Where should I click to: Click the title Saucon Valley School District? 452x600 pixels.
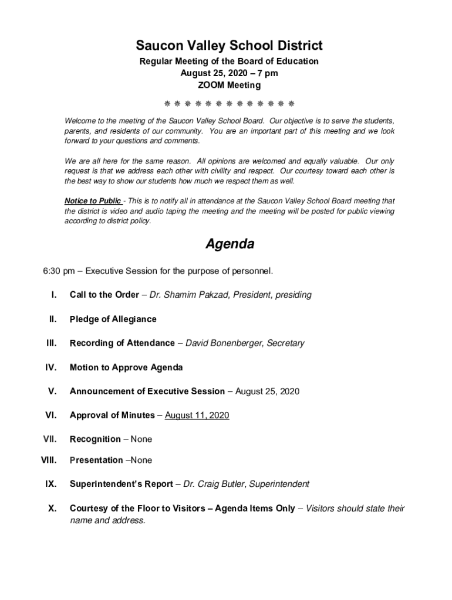pos(229,45)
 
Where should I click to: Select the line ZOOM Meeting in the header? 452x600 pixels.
pos(229,85)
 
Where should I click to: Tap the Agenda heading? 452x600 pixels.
pos(230,244)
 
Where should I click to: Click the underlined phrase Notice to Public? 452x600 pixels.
pos(93,201)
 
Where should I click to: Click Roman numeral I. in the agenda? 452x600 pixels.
pos(53,295)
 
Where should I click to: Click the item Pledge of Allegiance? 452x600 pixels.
pos(113,319)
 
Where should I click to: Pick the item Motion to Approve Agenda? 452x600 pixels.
pos(126,367)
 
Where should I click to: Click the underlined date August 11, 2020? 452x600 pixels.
pos(197,415)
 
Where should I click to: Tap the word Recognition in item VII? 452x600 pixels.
pos(95,439)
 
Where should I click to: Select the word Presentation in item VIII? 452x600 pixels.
pos(96,460)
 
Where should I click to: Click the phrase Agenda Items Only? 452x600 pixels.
pos(255,509)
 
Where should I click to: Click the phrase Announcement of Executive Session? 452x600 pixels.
pos(147,391)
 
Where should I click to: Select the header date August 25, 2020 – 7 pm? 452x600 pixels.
pos(229,73)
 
